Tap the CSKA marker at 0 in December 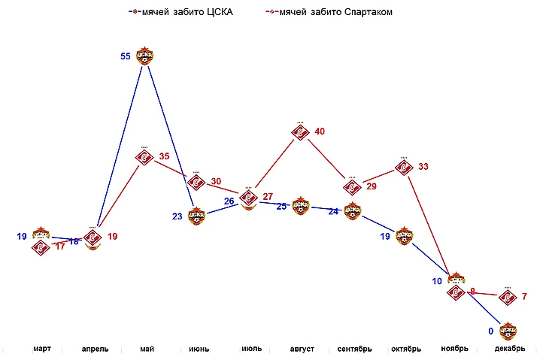coord(509,330)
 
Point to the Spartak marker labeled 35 coord(145,157)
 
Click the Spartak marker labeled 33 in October coord(404,167)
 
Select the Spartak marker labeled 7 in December coord(508,297)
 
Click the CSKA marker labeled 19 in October coord(404,236)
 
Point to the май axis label coord(147,349)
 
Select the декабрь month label coord(510,349)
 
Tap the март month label coord(42,349)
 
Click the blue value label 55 coord(126,56)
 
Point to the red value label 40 coord(320,132)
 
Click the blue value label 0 coord(490,331)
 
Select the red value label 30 coord(216,182)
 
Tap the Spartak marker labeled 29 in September coord(352,186)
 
